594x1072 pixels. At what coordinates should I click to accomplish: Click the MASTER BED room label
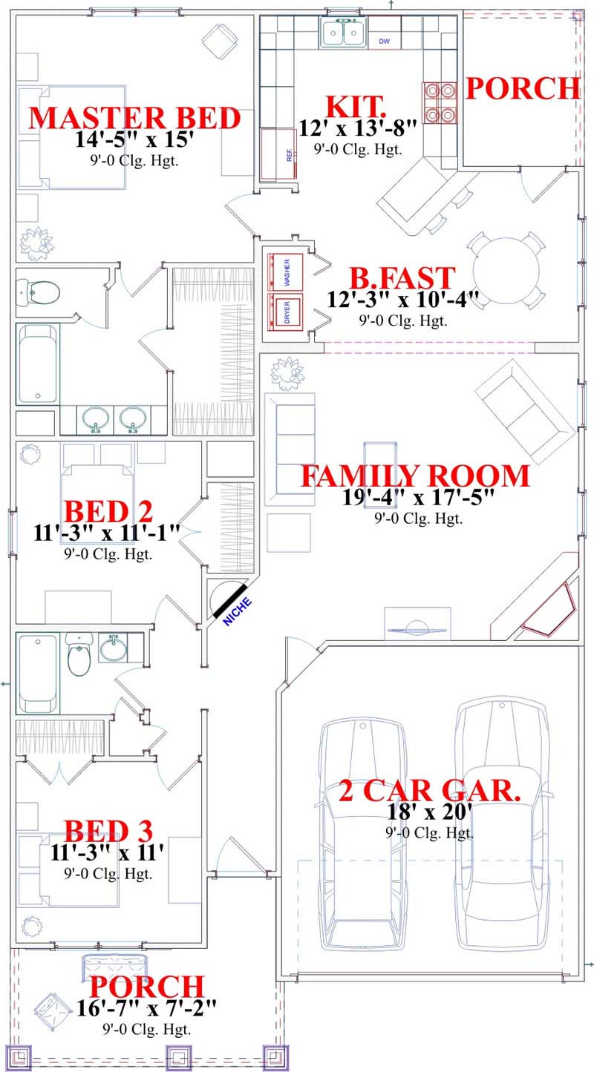[134, 119]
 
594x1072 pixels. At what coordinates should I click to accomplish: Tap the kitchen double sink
[342, 33]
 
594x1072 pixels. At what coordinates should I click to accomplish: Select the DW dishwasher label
[384, 41]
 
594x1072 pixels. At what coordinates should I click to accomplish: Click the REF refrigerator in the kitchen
[278, 154]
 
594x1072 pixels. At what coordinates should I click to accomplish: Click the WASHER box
[286, 272]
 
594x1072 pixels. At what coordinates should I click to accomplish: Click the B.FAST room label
[402, 279]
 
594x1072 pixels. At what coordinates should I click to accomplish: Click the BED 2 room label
[108, 511]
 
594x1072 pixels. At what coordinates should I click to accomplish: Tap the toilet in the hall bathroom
[78, 656]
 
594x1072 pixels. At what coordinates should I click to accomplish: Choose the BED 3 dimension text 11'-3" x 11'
[107, 852]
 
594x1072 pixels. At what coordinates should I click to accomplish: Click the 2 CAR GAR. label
[429, 791]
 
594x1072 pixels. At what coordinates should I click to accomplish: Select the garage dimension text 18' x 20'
[428, 812]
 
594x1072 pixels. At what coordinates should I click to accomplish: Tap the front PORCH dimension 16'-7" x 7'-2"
[146, 1007]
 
